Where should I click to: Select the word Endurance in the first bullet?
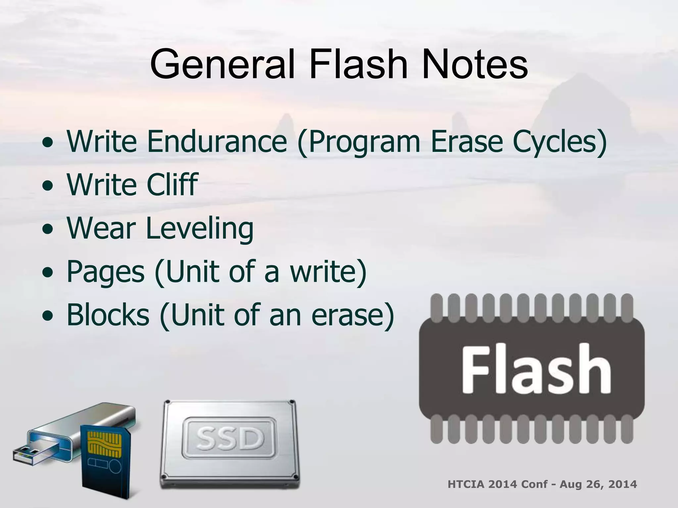coord(217,142)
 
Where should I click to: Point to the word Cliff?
coord(172,184)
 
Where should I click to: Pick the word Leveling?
coord(199,228)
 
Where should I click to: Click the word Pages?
coord(106,272)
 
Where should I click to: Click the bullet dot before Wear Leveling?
coord(48,229)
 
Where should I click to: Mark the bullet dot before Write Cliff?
coord(48,186)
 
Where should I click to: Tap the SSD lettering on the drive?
coord(229,439)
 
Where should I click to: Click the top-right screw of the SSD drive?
coord(291,403)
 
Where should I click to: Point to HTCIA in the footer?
coord(466,485)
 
